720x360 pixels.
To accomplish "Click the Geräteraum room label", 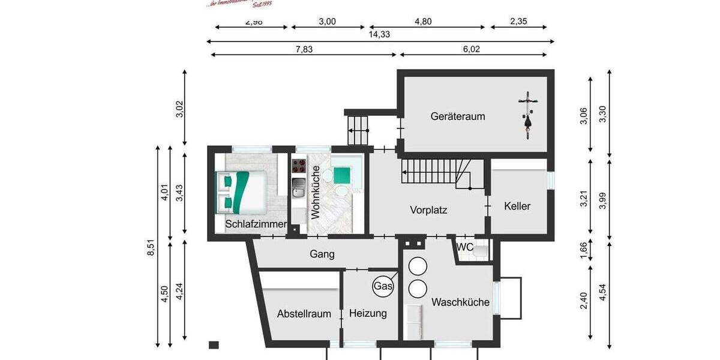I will point(457,116).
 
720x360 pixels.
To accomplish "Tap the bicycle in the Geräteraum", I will point(527,115).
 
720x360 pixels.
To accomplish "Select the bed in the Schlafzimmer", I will point(241,191).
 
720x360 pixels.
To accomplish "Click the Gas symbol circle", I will point(383,287).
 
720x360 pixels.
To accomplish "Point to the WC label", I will point(465,247).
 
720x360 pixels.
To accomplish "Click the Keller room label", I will point(517,206).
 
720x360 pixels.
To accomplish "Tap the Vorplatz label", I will point(429,210).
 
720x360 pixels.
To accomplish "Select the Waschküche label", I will point(460,302).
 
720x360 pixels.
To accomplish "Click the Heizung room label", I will point(368,313).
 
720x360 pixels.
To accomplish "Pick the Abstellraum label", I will point(304,314).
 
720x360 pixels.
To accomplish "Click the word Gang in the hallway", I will point(322,254).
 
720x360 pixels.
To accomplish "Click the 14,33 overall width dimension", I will point(379,34).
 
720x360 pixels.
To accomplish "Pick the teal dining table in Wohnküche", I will point(342,175).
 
